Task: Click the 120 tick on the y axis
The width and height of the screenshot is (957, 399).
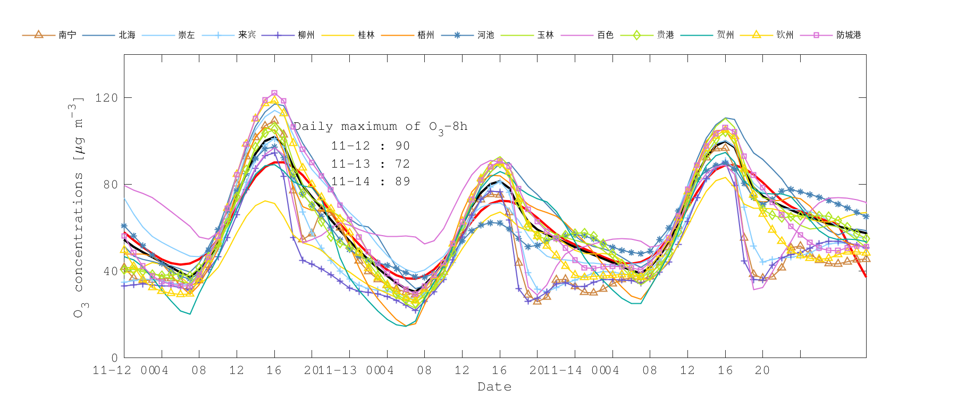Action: [106, 98]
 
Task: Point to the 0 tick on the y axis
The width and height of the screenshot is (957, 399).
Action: [114, 358]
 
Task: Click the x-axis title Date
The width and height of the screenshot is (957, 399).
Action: [494, 387]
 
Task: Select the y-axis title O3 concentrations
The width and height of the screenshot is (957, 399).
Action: [78, 207]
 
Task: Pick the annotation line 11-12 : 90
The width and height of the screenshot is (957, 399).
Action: [370, 146]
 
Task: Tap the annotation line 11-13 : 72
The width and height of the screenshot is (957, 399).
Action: [370, 164]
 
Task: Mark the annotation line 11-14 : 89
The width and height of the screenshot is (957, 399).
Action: [370, 181]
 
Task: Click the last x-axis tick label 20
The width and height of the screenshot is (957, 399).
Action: [762, 370]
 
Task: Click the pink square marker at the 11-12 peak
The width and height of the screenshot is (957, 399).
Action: [274, 94]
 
